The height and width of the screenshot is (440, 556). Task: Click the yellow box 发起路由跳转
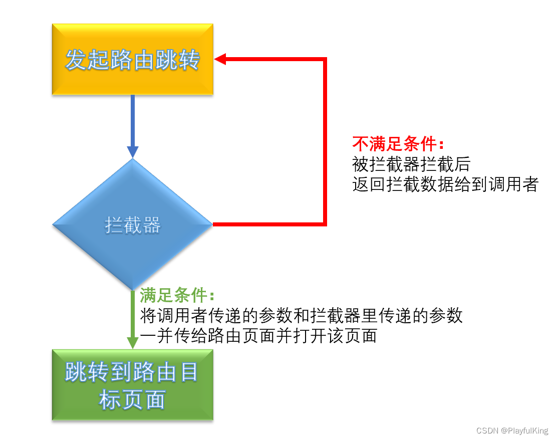click(133, 59)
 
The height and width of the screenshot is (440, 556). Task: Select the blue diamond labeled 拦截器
click(133, 225)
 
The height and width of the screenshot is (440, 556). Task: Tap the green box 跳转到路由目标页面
click(133, 384)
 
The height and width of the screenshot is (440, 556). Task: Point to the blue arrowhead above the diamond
click(133, 152)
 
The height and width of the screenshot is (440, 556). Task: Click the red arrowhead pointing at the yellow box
click(221, 59)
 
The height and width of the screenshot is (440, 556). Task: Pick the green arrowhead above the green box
click(133, 342)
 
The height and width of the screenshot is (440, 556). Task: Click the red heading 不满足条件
click(398, 144)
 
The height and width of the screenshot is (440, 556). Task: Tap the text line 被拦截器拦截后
click(411, 164)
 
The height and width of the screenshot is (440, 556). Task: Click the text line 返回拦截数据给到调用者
click(445, 184)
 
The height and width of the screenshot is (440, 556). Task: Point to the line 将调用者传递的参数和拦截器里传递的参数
click(301, 316)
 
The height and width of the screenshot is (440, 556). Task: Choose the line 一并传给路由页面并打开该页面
click(258, 336)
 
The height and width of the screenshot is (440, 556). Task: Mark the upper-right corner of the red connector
click(325, 59)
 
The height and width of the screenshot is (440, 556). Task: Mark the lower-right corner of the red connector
click(325, 225)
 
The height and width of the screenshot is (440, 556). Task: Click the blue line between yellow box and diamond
click(133, 120)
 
